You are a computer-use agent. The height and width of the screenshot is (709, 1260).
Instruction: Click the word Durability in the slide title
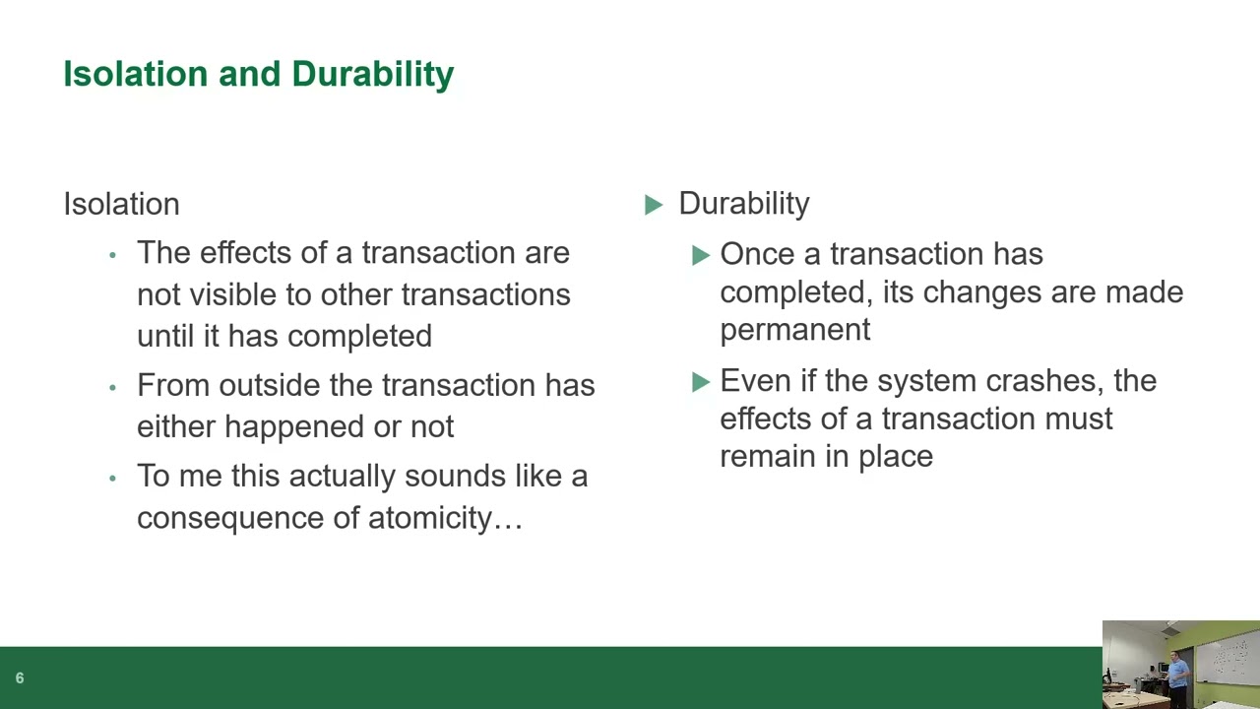coord(373,75)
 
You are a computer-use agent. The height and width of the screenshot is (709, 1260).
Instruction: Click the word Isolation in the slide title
coord(136,74)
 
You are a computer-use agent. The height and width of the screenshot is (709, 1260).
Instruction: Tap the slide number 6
coord(20,678)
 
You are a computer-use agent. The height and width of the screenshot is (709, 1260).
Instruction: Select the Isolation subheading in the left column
coord(121,204)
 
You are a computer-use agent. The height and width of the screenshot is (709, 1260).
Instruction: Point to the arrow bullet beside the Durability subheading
coord(654,205)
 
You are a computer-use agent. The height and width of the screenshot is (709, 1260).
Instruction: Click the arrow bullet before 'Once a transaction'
coord(702,255)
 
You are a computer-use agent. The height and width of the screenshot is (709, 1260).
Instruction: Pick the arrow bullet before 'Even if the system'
coord(702,383)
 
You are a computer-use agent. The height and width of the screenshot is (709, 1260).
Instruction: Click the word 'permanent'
coord(795,331)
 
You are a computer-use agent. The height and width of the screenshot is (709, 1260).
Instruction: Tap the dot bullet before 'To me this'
coord(112,479)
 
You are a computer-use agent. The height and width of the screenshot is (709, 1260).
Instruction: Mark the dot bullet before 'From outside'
coord(112,387)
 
